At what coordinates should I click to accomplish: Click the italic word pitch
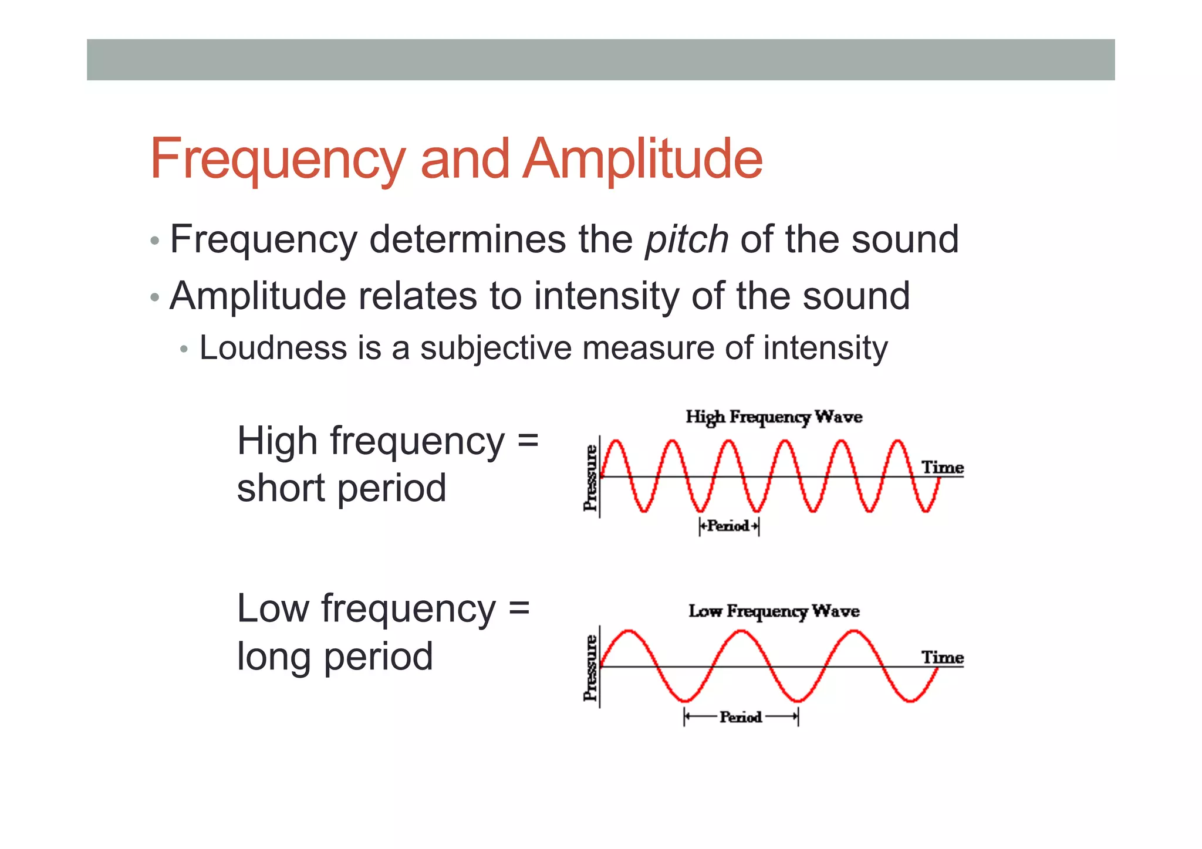pyautogui.click(x=687, y=239)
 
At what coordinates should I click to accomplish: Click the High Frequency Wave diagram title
pyautogui.click(x=774, y=417)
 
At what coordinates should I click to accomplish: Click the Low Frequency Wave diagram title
pyautogui.click(x=774, y=611)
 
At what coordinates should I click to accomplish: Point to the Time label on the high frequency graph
pyautogui.click(x=942, y=468)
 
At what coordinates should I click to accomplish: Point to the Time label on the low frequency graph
pyautogui.click(x=942, y=658)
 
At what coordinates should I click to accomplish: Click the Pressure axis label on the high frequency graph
pyautogui.click(x=590, y=478)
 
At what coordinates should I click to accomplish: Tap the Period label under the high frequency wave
pyautogui.click(x=728, y=526)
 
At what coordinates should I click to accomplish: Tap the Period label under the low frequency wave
pyautogui.click(x=741, y=717)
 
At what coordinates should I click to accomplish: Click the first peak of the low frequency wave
pyautogui.click(x=629, y=631)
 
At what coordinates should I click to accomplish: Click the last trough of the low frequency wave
pyautogui.click(x=910, y=701)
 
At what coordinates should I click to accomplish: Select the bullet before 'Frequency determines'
pyautogui.click(x=154, y=241)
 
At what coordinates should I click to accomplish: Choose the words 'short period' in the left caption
pyautogui.click(x=342, y=489)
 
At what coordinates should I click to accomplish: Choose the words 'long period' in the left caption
pyautogui.click(x=335, y=656)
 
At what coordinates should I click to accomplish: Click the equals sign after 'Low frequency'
pyautogui.click(x=519, y=608)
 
